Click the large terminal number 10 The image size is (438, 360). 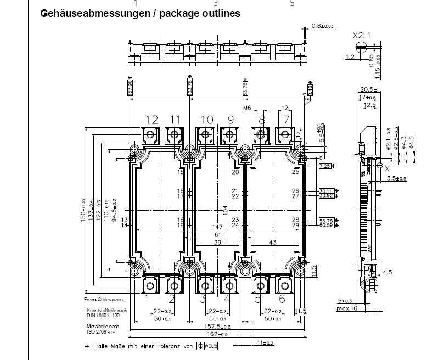(x=206, y=120)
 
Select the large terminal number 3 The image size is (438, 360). (x=203, y=299)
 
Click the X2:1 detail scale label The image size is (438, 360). (x=362, y=36)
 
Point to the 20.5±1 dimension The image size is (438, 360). (x=368, y=89)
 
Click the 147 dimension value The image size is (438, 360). (x=218, y=227)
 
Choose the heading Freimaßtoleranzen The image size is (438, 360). (x=104, y=300)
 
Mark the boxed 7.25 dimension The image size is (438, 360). (x=324, y=166)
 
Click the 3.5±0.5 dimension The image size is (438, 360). (x=397, y=179)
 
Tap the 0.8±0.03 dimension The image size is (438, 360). (x=323, y=26)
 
